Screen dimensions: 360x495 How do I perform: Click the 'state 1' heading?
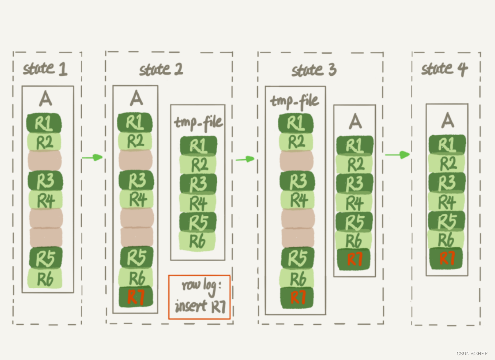45,69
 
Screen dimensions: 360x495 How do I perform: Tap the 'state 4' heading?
444,69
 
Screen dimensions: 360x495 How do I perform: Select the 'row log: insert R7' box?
200,297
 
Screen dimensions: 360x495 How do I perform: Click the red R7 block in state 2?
136,297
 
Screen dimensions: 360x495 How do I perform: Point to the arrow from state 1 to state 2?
91,157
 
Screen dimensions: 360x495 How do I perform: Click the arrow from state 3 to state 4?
397,155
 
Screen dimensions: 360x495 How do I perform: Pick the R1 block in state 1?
44,123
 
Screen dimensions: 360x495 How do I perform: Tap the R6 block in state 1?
44,279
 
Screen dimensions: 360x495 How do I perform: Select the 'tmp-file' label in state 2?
198,121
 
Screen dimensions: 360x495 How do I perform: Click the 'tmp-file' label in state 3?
294,101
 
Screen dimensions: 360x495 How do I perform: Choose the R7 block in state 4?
446,258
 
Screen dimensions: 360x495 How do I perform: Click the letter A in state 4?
448,120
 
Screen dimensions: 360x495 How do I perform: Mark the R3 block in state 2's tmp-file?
198,183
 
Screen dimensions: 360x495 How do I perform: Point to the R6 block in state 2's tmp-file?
197,241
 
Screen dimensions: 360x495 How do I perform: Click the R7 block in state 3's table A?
354,259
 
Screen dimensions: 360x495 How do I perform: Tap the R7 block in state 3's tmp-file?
297,297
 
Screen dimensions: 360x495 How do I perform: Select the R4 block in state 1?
45,200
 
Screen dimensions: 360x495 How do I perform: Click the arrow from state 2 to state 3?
245,159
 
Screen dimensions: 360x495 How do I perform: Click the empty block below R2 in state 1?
44,160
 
